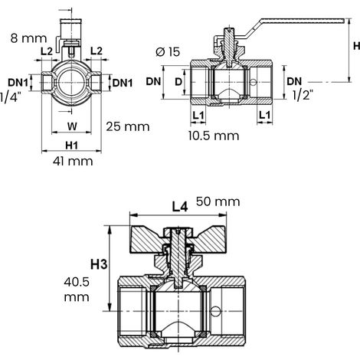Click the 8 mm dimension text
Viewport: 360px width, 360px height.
(29, 38)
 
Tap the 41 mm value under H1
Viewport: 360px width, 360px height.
(73, 162)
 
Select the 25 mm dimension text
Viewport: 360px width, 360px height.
(128, 126)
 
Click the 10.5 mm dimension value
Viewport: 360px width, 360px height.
(214, 136)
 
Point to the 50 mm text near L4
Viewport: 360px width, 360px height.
(218, 201)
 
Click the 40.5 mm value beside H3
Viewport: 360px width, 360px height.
(77, 290)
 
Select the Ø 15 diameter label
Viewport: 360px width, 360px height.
(168, 52)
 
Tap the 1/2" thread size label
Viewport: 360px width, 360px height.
(303, 95)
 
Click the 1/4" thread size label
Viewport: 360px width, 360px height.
(10, 97)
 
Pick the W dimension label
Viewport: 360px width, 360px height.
(72, 126)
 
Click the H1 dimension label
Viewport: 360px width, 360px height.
(71, 146)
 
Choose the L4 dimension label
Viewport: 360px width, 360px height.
(180, 207)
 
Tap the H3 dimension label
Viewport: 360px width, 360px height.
(99, 264)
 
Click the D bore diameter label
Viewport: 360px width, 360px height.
(178, 82)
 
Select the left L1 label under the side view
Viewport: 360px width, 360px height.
(198, 116)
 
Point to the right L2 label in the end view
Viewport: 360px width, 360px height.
(97, 51)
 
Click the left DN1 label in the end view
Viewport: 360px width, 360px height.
(18, 83)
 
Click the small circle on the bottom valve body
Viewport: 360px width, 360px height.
(214, 311)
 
